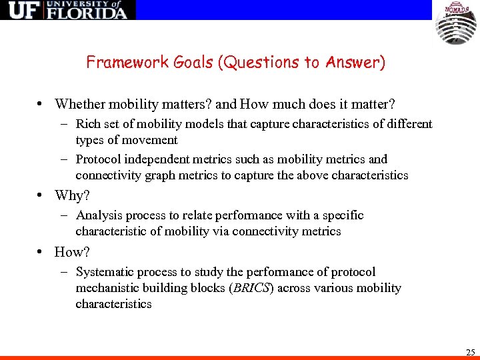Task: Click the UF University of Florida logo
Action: (x=67, y=10)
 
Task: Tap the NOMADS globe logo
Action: (x=456, y=23)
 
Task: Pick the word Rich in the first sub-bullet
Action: (x=87, y=124)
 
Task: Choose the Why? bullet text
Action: (x=72, y=195)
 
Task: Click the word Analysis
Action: (x=98, y=215)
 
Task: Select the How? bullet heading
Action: (x=72, y=252)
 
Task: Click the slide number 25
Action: (x=470, y=351)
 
